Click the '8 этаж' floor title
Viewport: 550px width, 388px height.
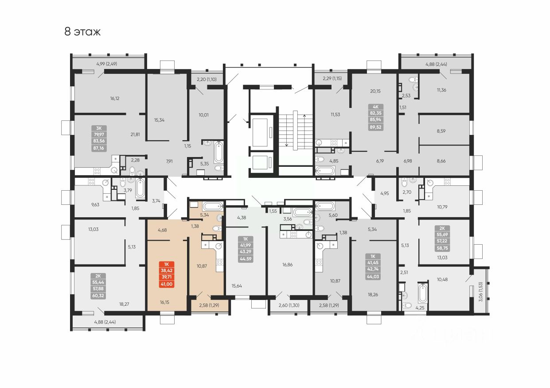tap(82, 32)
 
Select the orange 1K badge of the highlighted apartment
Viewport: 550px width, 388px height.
tap(166, 264)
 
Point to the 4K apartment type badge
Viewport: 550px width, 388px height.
tap(375, 107)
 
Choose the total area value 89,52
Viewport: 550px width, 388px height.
tap(375, 127)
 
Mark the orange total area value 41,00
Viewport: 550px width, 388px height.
tap(166, 284)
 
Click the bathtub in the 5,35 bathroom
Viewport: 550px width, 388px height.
tap(219, 152)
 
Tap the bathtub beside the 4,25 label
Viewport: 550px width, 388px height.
tap(422, 293)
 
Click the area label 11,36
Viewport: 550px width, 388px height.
tap(441, 90)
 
